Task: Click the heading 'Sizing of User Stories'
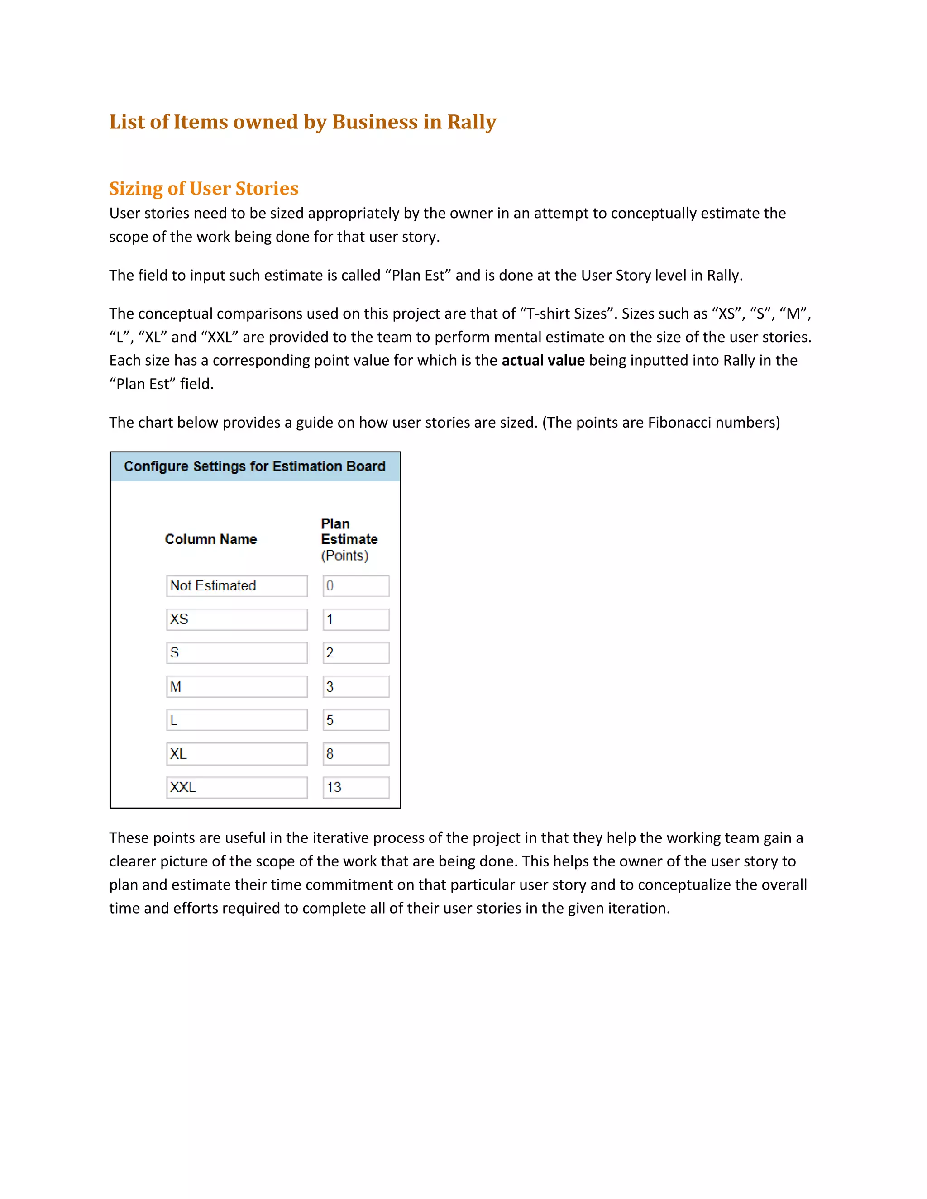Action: tap(204, 188)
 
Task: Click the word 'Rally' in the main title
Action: tap(471, 122)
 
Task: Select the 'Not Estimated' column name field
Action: tap(237, 586)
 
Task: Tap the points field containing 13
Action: tap(355, 787)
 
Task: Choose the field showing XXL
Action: tap(237, 787)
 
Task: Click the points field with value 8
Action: tap(355, 754)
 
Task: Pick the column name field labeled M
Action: tap(237, 687)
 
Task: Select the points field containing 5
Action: tap(355, 720)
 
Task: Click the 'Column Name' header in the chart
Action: tap(211, 539)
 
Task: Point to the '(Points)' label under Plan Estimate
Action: tap(344, 556)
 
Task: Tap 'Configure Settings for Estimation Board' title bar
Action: tap(255, 466)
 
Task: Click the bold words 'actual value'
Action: tap(543, 361)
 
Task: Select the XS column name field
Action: tap(237, 619)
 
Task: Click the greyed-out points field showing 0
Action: tap(355, 586)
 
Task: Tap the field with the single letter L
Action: tap(237, 720)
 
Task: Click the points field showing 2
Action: tap(355, 653)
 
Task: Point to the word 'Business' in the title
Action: tap(374, 122)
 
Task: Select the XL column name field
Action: tap(237, 754)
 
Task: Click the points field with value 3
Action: tap(355, 687)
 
